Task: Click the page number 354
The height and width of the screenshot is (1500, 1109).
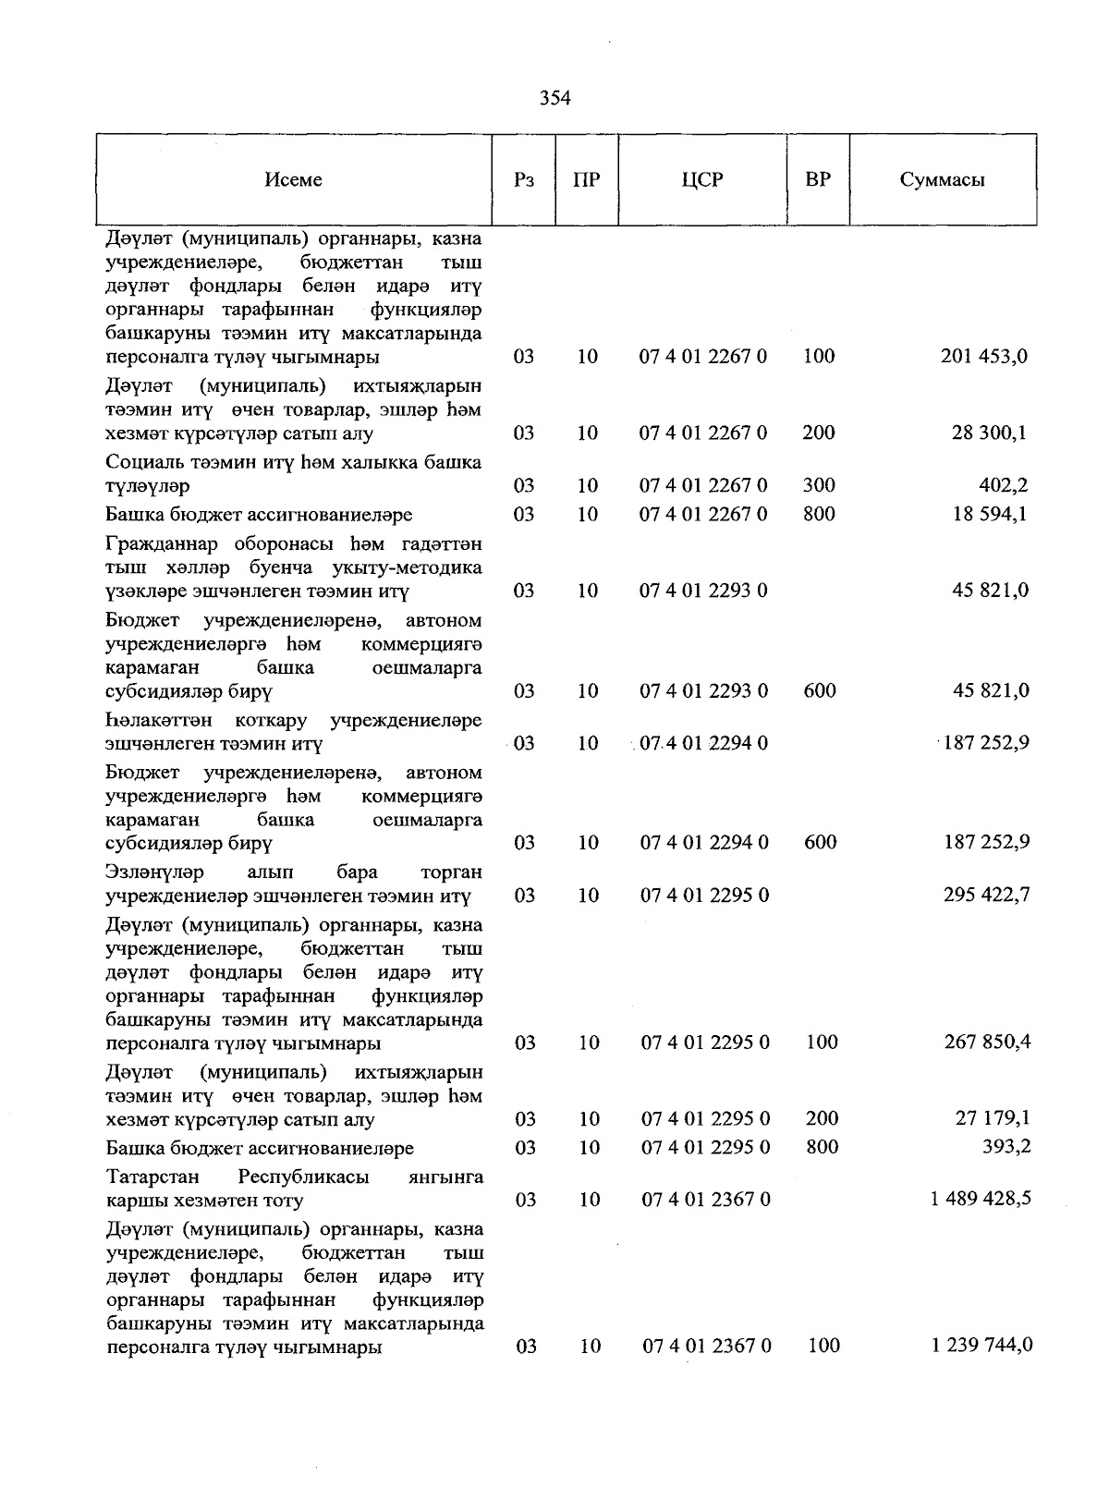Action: pyautogui.click(x=555, y=98)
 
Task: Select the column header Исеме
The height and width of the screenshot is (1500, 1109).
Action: pyautogui.click(x=293, y=179)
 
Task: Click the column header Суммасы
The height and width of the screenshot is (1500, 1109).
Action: pyautogui.click(x=942, y=179)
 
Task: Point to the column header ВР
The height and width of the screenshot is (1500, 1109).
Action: pyautogui.click(x=818, y=178)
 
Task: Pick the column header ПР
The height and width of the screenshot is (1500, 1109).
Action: pyautogui.click(x=587, y=179)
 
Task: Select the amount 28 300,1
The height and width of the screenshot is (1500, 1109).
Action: pyautogui.click(x=990, y=433)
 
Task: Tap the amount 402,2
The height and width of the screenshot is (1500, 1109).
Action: pyautogui.click(x=1004, y=485)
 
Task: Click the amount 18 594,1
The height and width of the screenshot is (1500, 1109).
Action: pyautogui.click(x=990, y=514)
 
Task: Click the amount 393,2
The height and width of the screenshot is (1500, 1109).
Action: pyautogui.click(x=1005, y=1147)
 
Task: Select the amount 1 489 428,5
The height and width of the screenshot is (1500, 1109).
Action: pyautogui.click(x=981, y=1199)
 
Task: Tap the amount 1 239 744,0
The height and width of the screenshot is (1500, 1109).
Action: pyautogui.click(x=982, y=1345)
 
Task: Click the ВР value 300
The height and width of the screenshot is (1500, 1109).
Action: pyautogui.click(x=819, y=485)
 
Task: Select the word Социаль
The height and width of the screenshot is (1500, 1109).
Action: pyautogui.click(x=144, y=462)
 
